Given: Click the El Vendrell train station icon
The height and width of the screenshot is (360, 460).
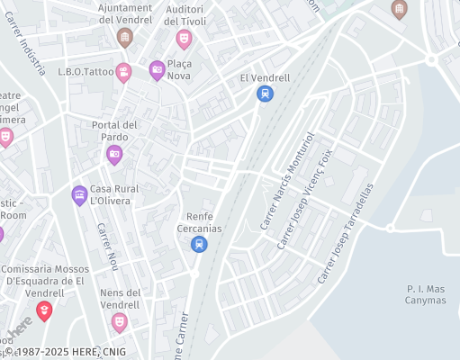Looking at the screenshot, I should click(265, 94).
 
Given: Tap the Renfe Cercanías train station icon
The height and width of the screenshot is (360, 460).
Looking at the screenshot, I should click(199, 244).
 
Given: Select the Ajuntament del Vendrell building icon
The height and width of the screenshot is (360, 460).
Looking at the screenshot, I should click(124, 37).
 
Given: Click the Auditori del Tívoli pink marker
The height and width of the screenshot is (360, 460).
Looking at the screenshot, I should click(184, 38).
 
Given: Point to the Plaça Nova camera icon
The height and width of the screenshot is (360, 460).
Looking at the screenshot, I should click(157, 70).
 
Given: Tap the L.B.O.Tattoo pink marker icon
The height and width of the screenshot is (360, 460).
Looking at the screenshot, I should click(123, 72).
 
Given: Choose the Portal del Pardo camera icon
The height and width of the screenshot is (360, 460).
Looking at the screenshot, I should click(114, 155).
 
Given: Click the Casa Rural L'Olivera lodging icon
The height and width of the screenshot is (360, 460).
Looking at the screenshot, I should click(79, 193).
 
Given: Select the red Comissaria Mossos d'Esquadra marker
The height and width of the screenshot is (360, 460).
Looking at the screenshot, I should click(43, 310).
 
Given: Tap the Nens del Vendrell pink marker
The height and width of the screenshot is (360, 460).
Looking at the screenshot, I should click(119, 321).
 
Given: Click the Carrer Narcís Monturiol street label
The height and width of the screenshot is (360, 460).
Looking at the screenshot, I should click(287, 180).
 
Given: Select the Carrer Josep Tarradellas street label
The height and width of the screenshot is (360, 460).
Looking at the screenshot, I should click(345, 234).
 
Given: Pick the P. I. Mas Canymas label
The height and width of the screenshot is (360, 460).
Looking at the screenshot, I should click(426, 294).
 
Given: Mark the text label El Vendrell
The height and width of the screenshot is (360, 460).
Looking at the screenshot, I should click(265, 77).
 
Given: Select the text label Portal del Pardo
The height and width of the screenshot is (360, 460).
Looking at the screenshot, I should click(114, 130).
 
